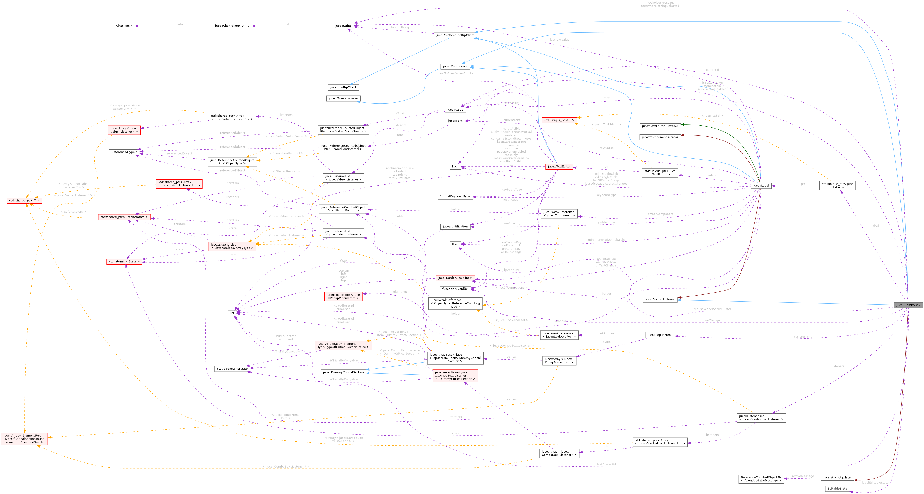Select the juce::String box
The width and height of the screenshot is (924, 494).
(x=343, y=26)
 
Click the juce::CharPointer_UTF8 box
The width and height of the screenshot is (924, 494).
(x=232, y=26)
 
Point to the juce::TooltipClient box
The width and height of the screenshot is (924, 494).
(x=343, y=87)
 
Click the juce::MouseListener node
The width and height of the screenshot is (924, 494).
(x=343, y=98)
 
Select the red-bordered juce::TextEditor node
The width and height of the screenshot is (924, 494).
(x=559, y=166)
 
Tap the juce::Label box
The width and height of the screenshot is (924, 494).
(x=761, y=186)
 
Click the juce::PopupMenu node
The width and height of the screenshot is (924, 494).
(x=660, y=335)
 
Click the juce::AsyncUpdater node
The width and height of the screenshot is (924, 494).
(x=837, y=477)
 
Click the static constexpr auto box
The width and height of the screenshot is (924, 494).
(x=232, y=369)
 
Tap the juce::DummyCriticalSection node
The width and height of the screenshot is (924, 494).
(x=343, y=372)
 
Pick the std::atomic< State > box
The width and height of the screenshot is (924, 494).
(x=124, y=261)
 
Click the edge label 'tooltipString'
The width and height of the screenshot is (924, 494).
(x=400, y=28)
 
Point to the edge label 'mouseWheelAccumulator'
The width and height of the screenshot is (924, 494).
(x=712, y=309)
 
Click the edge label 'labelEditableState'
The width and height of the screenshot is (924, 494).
(x=875, y=483)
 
